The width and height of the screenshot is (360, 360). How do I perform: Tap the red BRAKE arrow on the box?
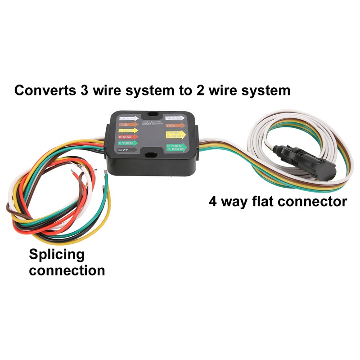tap(128, 136)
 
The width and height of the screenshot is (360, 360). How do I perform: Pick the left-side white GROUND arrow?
tap(128, 118)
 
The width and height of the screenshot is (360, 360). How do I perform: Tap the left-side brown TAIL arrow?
tap(128, 125)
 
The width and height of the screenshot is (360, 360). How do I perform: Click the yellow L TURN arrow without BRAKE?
tap(128, 130)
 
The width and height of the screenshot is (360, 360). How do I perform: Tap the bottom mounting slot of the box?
tap(149, 156)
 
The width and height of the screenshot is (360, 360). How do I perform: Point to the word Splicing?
tap(56, 255)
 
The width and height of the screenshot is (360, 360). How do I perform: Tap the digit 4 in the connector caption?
tap(214, 201)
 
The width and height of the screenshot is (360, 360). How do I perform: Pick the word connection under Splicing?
tap(67, 270)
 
